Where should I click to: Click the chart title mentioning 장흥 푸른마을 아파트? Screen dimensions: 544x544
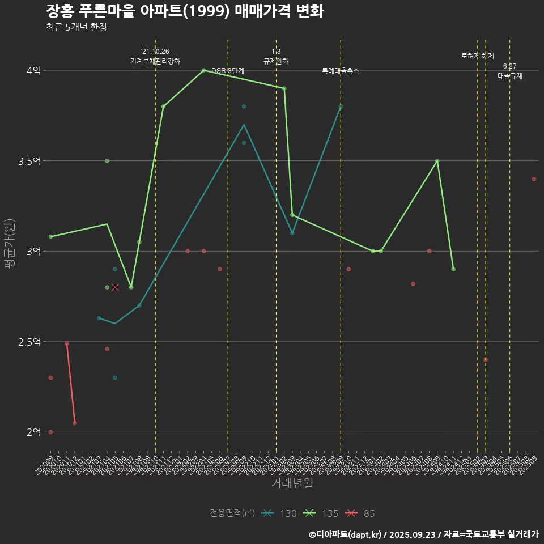click(184, 11)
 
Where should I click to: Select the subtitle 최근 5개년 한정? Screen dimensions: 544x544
click(76, 27)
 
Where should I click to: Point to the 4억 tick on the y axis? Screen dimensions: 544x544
click(33, 71)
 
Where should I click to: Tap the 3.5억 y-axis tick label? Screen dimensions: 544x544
click(29, 161)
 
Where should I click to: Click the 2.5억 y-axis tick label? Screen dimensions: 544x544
click(29, 342)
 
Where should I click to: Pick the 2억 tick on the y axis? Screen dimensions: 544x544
click(33, 432)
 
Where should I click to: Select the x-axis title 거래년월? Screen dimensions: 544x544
click(292, 483)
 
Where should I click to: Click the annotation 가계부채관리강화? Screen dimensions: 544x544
click(155, 61)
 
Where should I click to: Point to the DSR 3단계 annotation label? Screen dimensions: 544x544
click(228, 71)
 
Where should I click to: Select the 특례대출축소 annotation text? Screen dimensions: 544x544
click(341, 71)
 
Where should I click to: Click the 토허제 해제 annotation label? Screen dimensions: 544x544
click(478, 56)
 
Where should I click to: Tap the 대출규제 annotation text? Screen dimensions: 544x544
click(510, 75)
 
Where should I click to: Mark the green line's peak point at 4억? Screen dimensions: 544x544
click(203, 70)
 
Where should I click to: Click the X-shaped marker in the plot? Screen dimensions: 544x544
click(115, 287)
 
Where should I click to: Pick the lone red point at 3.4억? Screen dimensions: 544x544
click(534, 179)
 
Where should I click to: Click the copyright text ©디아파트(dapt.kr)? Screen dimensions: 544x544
click(348, 534)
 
